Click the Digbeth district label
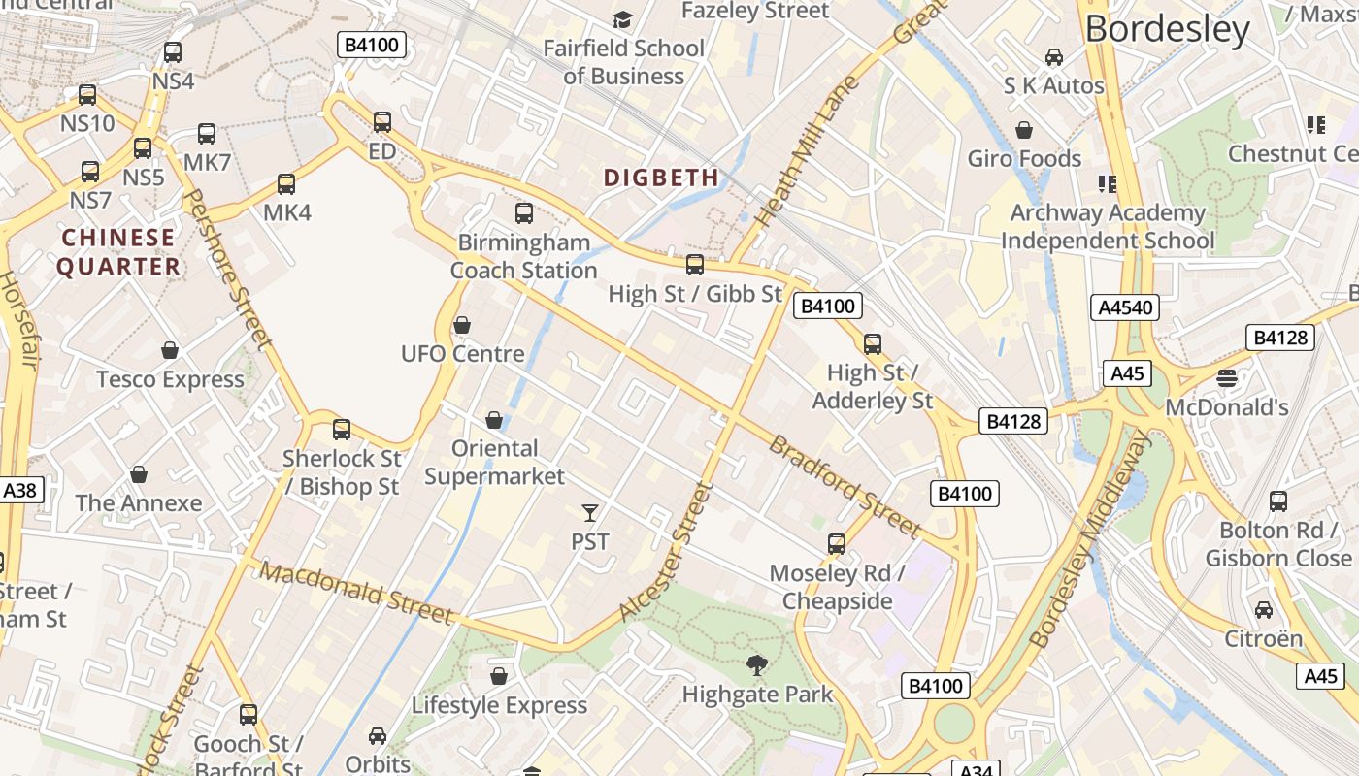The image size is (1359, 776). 661,178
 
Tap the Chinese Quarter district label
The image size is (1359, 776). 118,252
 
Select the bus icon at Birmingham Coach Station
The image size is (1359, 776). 524,213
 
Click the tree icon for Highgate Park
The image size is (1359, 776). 756,665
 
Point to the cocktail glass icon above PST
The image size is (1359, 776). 590,512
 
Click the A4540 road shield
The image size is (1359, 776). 1125,307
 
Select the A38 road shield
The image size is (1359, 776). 19,490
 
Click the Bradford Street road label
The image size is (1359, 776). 844,486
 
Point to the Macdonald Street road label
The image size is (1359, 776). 356,594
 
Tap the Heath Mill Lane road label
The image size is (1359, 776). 807,153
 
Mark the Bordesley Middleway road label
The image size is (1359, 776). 1089,540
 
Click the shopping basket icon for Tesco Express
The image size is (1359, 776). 170,350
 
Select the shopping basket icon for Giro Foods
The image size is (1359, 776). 1024,130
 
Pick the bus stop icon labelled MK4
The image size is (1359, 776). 286,184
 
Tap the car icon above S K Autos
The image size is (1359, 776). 1054,57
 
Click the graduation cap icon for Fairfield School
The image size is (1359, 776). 622,19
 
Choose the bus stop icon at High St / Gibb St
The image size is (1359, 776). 695,265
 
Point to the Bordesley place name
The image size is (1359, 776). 1168,29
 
